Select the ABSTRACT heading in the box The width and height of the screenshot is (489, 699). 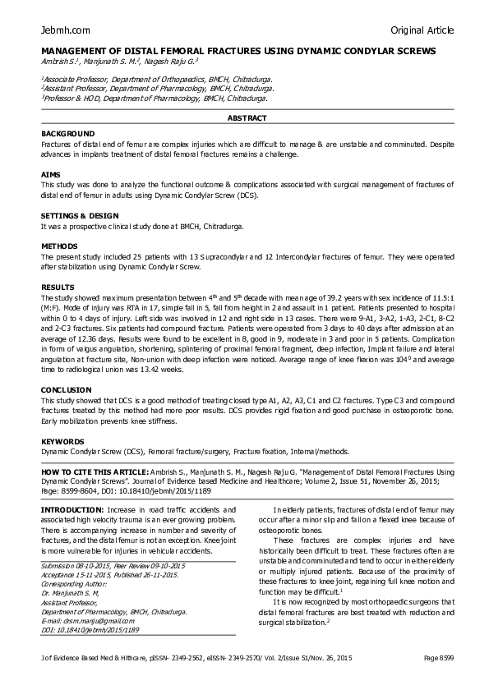click(247, 118)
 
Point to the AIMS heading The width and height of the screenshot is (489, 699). click(49, 175)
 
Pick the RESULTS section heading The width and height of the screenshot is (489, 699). click(58, 286)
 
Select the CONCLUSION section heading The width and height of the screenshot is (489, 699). click(65, 389)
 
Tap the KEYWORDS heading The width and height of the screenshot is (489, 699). click(62, 442)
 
